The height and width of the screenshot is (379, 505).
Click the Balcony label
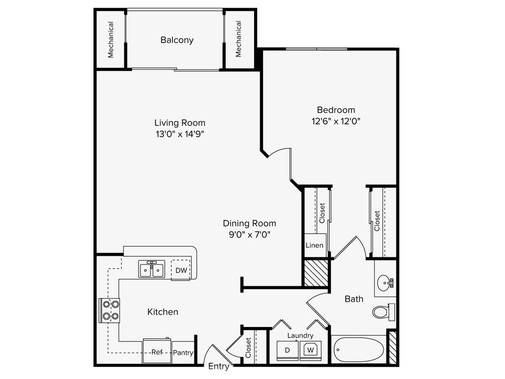point(177,40)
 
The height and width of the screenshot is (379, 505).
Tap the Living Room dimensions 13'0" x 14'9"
point(180,133)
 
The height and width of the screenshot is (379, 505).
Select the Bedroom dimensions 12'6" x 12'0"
point(336,121)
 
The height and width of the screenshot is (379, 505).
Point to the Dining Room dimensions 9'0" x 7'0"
point(249,234)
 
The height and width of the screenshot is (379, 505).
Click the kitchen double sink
point(152,269)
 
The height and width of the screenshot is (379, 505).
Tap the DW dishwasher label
point(181,270)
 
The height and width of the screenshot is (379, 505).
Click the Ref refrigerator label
point(157,352)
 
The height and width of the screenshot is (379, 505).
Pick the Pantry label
point(183,353)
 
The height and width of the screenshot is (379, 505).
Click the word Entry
point(219,366)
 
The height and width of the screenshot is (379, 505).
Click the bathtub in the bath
point(358,350)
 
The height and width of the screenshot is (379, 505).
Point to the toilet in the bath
point(382,311)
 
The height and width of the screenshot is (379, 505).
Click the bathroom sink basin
point(385,283)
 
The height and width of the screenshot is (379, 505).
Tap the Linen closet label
point(314,246)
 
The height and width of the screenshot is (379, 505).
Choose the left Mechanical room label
point(110,40)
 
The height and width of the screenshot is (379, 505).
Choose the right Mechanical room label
point(238,40)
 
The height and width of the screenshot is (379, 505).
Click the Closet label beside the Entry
point(248,348)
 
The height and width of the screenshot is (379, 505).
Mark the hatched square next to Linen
point(316,273)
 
